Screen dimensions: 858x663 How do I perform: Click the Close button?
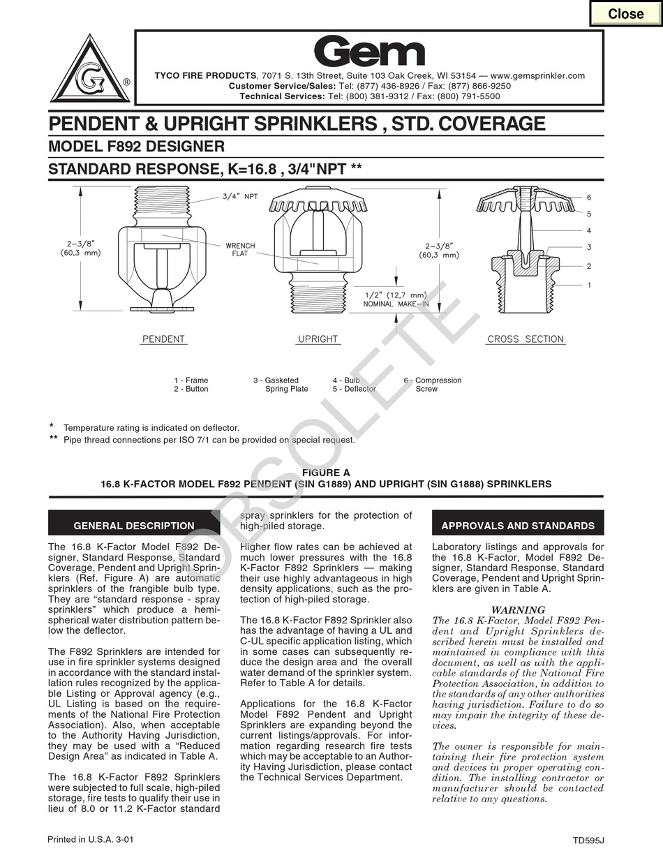click(625, 14)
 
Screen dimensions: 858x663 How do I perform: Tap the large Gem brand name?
click(368, 52)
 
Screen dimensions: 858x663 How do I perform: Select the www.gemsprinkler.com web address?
click(537, 75)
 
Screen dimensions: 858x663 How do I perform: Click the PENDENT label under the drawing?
click(163, 339)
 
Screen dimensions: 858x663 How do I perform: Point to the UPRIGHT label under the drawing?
click(318, 339)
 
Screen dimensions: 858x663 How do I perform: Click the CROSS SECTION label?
click(525, 339)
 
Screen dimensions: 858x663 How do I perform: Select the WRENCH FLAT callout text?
click(240, 250)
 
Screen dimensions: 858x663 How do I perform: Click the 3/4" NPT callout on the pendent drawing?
click(240, 196)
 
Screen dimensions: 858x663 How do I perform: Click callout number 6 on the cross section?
click(588, 198)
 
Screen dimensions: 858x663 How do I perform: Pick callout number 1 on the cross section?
click(588, 285)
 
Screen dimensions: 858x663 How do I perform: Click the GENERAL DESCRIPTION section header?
click(134, 526)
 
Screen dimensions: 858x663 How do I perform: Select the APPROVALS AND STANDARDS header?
click(518, 526)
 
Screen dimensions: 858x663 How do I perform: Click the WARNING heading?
click(518, 609)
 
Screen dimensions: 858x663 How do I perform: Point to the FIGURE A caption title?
click(326, 473)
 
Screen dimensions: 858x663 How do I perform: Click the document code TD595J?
click(588, 841)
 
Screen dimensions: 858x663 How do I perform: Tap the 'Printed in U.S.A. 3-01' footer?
click(90, 839)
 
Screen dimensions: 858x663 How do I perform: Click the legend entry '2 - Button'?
click(191, 389)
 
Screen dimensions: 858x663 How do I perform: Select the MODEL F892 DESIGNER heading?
click(136, 147)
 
